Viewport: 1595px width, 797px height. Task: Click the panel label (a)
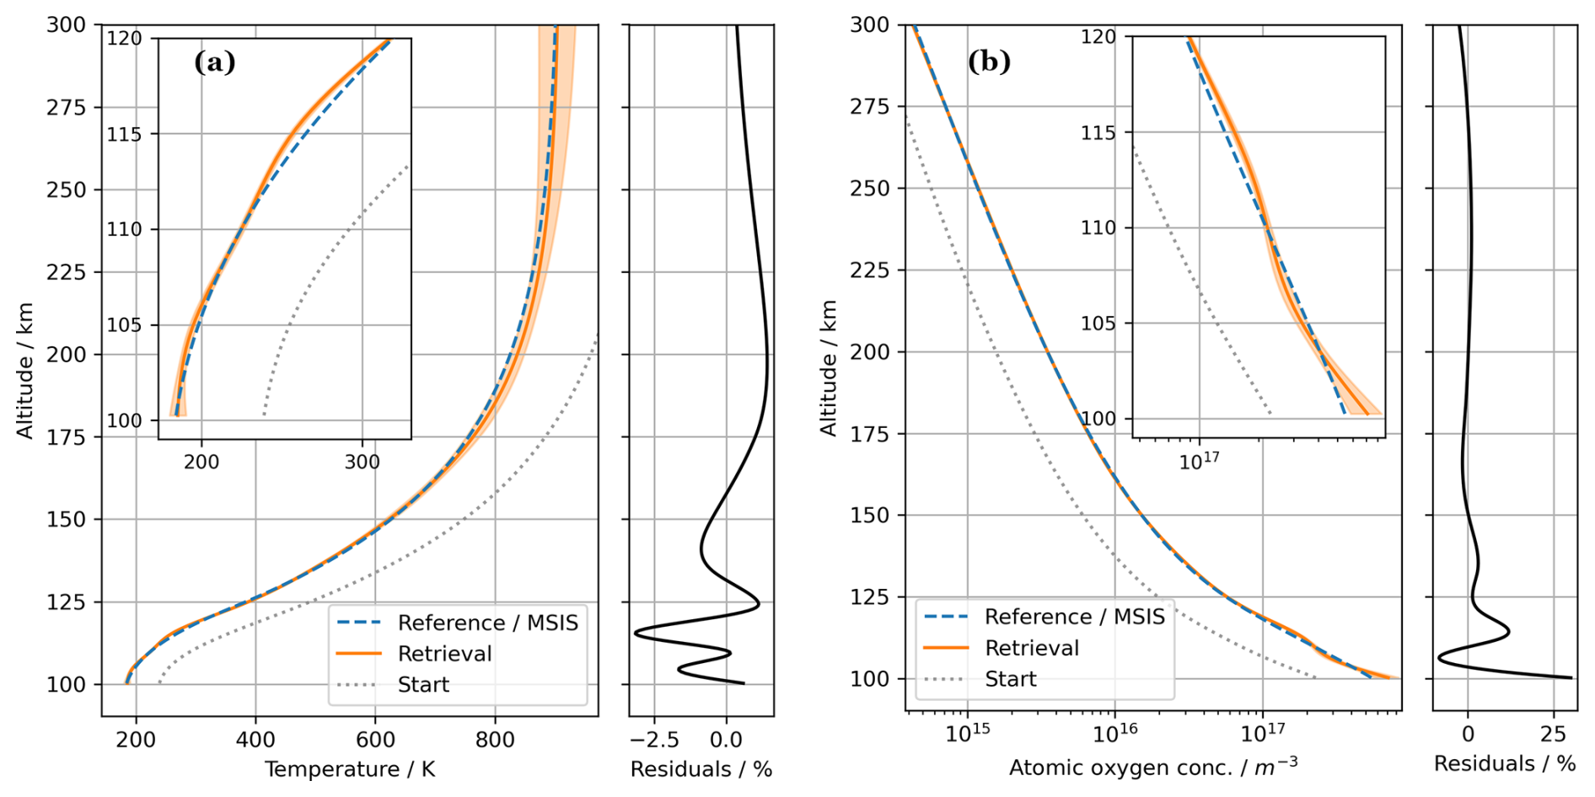pos(214,62)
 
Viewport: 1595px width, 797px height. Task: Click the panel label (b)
pos(989,62)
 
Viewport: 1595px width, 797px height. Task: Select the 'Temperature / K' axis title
pos(350,769)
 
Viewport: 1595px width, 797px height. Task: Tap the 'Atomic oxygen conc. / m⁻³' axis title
pos(1153,768)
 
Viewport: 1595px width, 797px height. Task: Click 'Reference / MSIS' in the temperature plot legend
pos(487,623)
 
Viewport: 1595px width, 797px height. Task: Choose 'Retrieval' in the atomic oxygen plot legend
pos(1032,648)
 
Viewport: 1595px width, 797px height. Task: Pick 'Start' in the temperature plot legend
pos(423,684)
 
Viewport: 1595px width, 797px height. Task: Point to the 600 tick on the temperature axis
pos(375,740)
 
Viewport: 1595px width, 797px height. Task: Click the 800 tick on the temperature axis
pos(495,740)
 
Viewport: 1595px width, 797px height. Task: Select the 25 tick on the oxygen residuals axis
pos(1553,735)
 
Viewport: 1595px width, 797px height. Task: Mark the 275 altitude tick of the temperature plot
pos(67,107)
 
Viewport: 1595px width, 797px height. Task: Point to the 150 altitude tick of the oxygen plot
pos(870,515)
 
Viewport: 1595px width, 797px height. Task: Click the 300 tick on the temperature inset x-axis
pos(362,462)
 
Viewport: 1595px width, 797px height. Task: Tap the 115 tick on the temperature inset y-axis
pos(124,134)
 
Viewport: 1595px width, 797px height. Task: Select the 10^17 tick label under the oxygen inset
pos(1199,461)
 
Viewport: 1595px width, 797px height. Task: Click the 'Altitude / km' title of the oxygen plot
pos(829,368)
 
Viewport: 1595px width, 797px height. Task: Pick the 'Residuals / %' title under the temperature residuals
pos(701,769)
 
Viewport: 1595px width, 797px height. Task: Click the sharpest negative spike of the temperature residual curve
pos(636,631)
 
